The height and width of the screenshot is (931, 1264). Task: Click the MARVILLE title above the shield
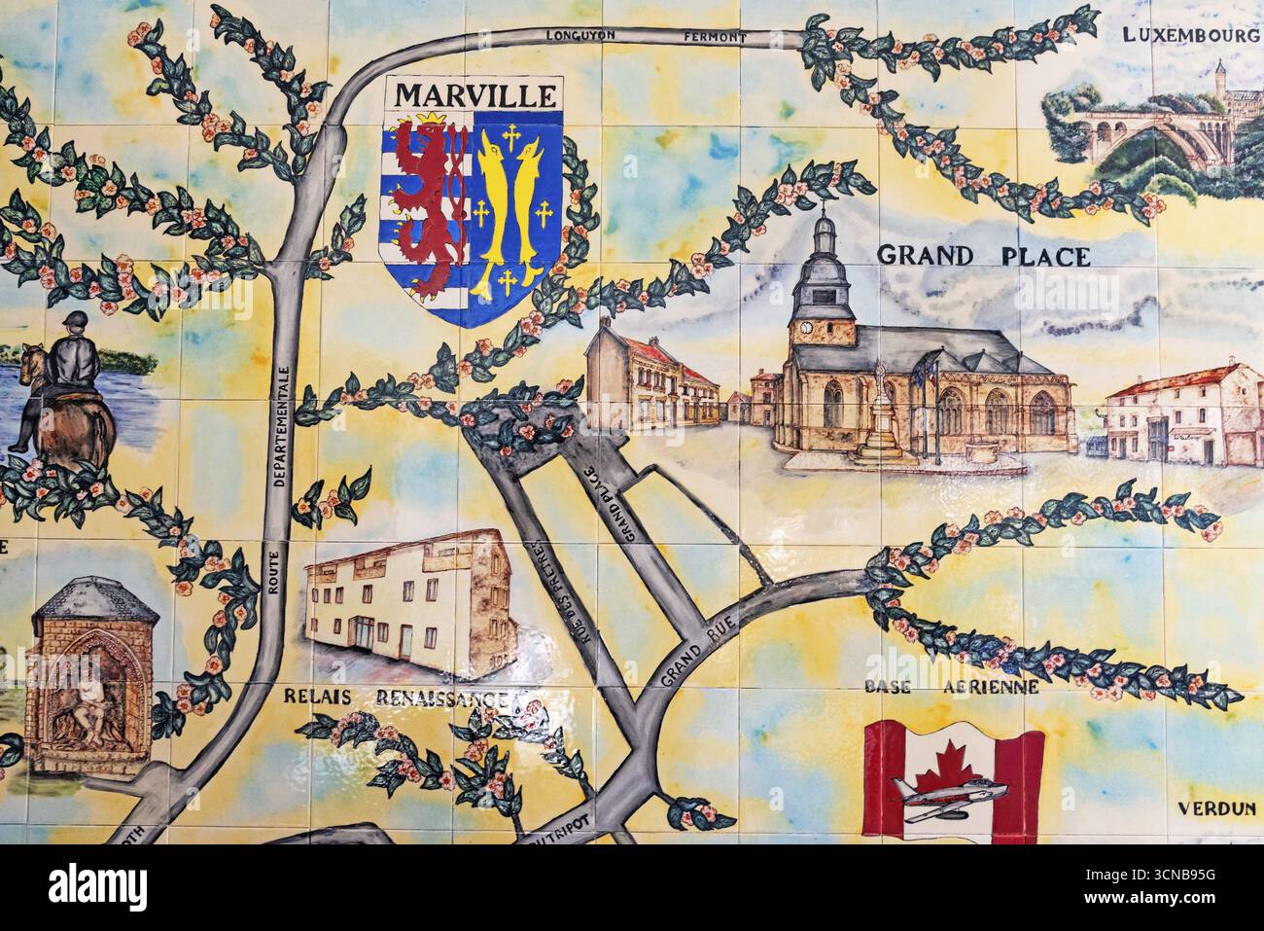pos(475,96)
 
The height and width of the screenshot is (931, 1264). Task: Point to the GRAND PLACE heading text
pos(983,256)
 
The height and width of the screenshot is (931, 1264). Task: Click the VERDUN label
pos(1216,807)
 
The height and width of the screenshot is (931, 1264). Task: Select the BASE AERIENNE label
pos(952,687)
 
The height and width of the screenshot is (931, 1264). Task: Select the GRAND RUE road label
pos(694,650)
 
